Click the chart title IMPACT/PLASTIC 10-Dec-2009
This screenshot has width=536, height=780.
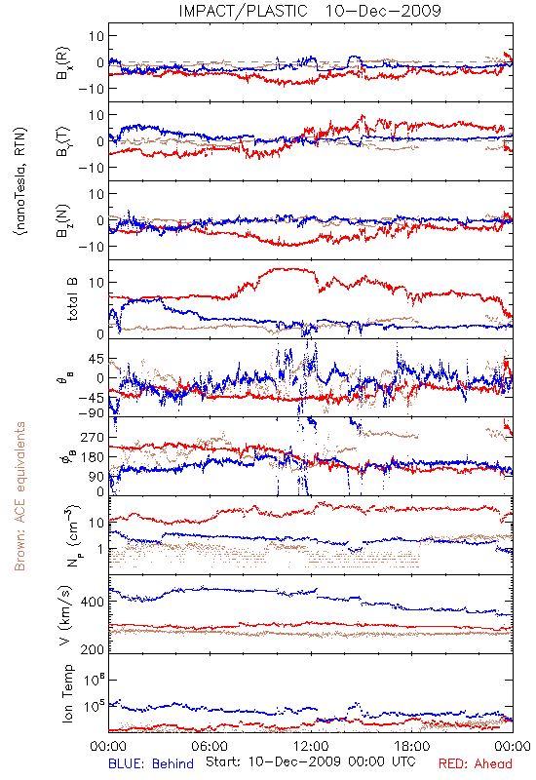pyautogui.click(x=310, y=11)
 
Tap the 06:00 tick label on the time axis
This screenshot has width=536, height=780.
pyautogui.click(x=210, y=746)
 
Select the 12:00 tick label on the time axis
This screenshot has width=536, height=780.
pyautogui.click(x=311, y=746)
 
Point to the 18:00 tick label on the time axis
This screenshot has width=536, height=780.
pyautogui.click(x=412, y=746)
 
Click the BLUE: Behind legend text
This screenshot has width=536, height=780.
pyautogui.click(x=151, y=763)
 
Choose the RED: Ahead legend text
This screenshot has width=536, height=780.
pyautogui.click(x=475, y=763)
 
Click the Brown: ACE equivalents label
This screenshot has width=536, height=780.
pyautogui.click(x=19, y=496)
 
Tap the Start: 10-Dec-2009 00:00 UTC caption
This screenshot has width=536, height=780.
pyautogui.click(x=311, y=761)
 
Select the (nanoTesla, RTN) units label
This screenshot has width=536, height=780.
pyautogui.click(x=20, y=181)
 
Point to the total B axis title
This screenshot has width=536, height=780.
pyautogui.click(x=72, y=299)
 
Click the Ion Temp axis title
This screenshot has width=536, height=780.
pyautogui.click(x=67, y=693)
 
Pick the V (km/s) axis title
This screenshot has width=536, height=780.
pyautogui.click(x=66, y=615)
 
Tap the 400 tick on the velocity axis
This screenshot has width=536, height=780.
pyautogui.click(x=93, y=602)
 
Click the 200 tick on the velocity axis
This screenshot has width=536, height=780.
pyautogui.click(x=93, y=649)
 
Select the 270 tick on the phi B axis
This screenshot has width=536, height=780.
pyautogui.click(x=93, y=437)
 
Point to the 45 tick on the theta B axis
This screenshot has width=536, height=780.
pyautogui.click(x=96, y=359)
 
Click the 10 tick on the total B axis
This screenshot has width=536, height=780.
pyautogui.click(x=96, y=283)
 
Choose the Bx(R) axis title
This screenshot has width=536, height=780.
pyautogui.click(x=63, y=63)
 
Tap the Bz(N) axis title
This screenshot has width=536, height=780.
pyautogui.click(x=63, y=220)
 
